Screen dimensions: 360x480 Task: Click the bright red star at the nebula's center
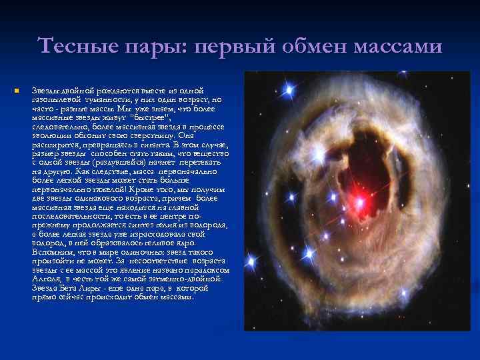click(x=361, y=200)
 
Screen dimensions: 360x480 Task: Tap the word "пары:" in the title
click(x=143, y=46)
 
